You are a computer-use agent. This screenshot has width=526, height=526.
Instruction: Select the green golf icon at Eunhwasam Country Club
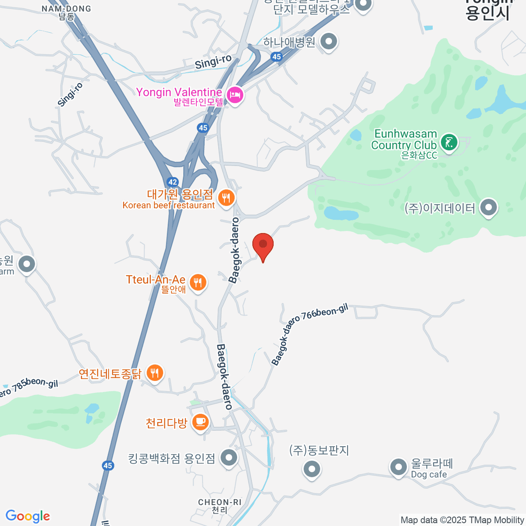pos(449,142)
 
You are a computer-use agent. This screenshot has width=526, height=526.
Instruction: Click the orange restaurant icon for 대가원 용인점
pos(226,198)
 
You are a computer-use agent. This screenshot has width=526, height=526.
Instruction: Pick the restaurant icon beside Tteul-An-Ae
pos(198,282)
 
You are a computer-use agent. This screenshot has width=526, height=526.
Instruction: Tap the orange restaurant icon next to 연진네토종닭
pos(154,373)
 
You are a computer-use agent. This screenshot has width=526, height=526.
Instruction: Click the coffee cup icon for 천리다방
pos(200,422)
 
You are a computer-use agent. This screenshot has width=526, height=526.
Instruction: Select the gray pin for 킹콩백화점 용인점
pos(228,458)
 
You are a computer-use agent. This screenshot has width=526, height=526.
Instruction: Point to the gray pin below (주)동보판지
pos(312,469)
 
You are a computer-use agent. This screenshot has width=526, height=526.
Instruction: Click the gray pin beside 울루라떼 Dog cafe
pos(398,467)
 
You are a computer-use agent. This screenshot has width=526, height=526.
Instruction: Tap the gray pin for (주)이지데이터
pos(488,207)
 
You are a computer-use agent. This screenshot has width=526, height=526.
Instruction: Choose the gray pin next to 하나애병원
pos(329,42)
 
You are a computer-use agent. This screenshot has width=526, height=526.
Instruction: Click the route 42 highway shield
pos(172,182)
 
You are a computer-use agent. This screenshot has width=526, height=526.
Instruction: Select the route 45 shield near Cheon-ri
pos(108,466)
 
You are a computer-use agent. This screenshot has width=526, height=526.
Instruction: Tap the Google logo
pos(28,516)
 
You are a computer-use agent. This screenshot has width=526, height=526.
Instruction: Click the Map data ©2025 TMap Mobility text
pos(462,520)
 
